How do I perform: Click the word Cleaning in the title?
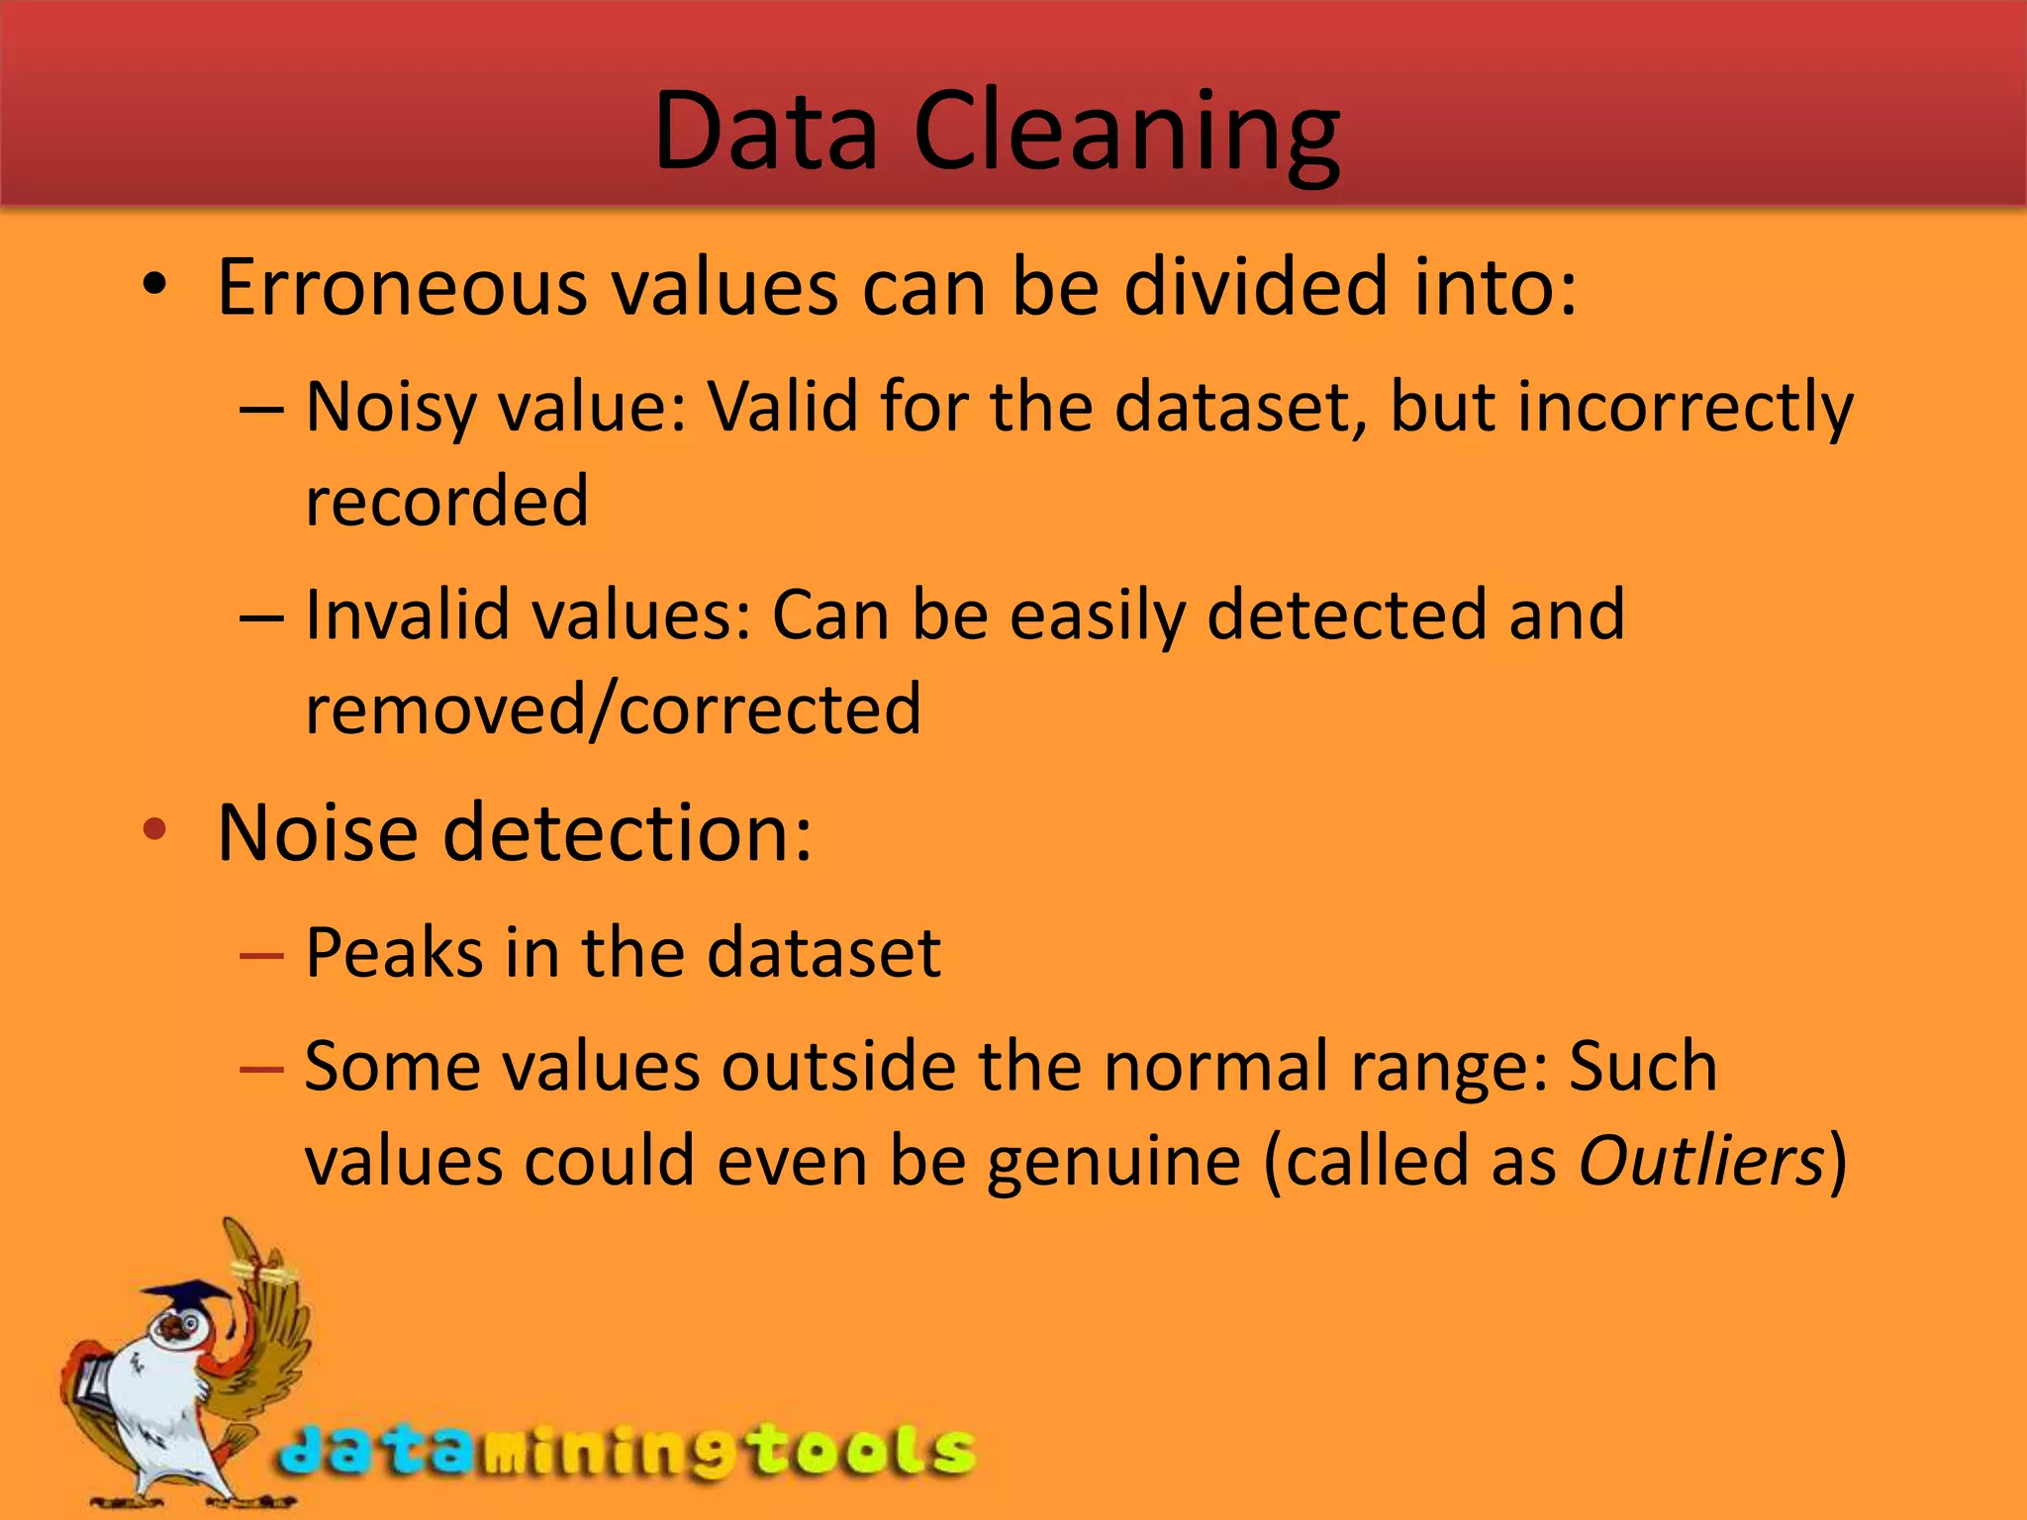(1126, 133)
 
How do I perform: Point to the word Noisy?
(391, 409)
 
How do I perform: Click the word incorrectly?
(1685, 409)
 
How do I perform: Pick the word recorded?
(446, 501)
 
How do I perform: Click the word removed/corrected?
(613, 710)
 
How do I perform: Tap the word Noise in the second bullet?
(317, 833)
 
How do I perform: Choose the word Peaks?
(394, 953)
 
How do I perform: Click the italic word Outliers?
(1699, 1161)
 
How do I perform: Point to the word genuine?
(1113, 1163)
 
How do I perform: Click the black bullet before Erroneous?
(154, 287)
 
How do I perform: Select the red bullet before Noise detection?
(154, 829)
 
